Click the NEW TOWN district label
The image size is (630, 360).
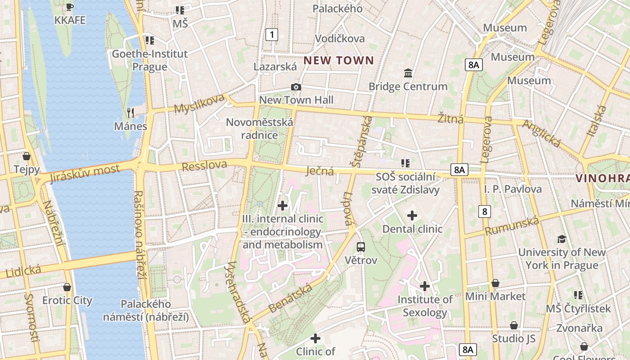[338, 60]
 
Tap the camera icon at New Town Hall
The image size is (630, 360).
[296, 87]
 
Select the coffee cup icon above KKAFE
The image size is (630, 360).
[69, 7]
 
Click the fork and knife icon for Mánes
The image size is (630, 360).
[130, 112]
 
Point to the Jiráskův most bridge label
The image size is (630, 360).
[85, 173]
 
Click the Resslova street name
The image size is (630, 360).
[204, 166]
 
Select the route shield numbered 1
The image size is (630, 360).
[271, 34]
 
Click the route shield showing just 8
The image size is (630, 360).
[484, 211]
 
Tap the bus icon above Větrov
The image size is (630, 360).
[361, 247]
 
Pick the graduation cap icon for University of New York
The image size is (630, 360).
[562, 239]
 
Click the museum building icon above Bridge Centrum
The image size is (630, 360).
[408, 73]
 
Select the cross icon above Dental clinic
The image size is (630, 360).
[412, 216]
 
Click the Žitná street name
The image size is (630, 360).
[450, 119]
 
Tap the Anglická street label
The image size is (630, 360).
[541, 133]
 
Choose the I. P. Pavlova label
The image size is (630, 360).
[513, 189]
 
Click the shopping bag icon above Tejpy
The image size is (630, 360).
[27, 156]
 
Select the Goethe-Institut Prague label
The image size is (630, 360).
[150, 60]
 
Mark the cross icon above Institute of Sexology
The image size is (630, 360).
[424, 286]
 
